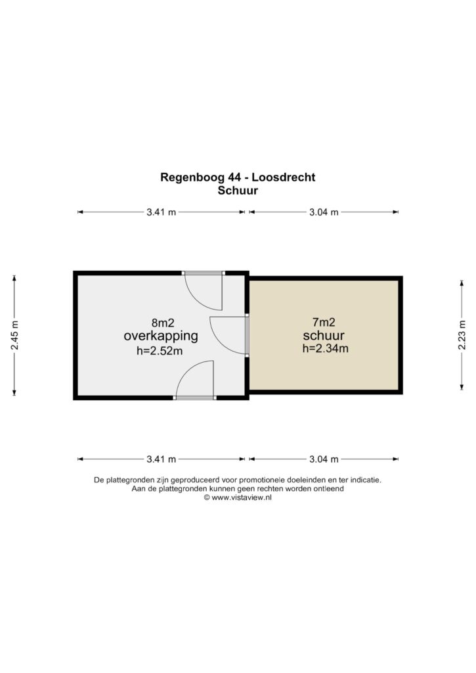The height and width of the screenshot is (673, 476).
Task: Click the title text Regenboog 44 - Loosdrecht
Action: (x=238, y=177)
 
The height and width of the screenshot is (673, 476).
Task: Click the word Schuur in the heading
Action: (x=238, y=191)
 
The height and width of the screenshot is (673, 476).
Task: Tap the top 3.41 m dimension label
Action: (x=162, y=212)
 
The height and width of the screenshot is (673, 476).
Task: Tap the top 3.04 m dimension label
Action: (x=324, y=212)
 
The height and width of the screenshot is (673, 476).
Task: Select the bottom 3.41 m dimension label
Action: (x=162, y=459)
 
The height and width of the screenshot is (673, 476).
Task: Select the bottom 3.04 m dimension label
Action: (x=324, y=459)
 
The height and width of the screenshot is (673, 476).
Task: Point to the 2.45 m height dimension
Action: (x=14, y=335)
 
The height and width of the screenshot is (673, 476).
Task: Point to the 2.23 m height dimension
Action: (x=462, y=335)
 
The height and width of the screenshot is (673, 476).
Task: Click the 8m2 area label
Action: (x=163, y=322)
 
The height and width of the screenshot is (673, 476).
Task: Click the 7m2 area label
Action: (x=324, y=322)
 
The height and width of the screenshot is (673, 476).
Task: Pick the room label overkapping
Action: (x=161, y=336)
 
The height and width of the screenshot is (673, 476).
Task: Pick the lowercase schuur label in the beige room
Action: (x=324, y=335)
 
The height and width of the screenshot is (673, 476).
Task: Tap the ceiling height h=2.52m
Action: (x=160, y=351)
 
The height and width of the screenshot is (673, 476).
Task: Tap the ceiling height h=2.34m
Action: (x=326, y=348)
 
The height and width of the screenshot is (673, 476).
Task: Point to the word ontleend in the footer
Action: (x=330, y=488)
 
